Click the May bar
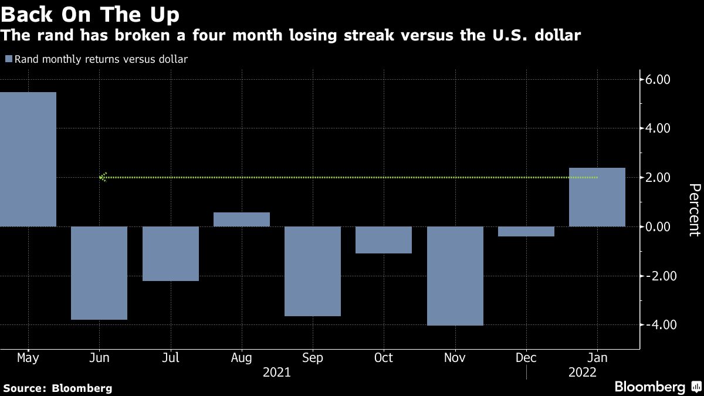point(28,159)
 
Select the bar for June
point(99,273)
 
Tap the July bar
point(170,253)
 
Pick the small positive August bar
point(242,219)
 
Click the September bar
point(313,271)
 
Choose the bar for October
point(384,240)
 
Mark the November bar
point(455,276)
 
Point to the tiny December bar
point(526,232)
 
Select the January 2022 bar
point(597,197)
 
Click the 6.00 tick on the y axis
point(658,80)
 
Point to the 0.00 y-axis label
point(658,227)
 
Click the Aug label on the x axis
point(242,358)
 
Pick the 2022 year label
point(584,373)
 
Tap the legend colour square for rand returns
point(8,59)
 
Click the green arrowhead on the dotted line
point(103,177)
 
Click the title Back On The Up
point(90,13)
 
